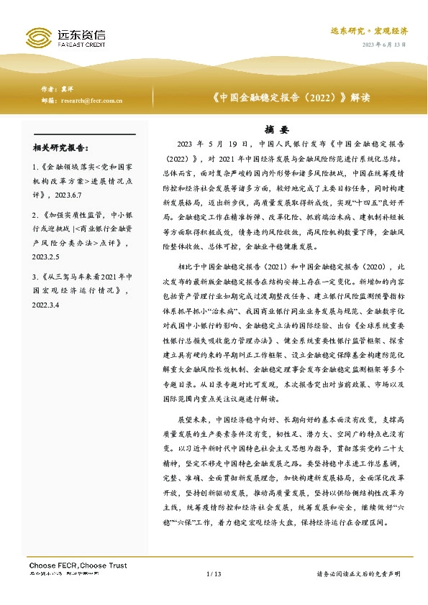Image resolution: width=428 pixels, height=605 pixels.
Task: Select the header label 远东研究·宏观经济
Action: pos(369,31)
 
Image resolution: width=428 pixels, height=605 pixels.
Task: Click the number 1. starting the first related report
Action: pos(36,166)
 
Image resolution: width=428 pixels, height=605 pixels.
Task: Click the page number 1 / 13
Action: pos(214,573)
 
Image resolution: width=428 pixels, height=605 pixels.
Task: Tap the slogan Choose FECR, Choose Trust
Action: pos(78,565)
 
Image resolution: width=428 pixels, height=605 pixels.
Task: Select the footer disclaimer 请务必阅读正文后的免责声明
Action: pos(358,573)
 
